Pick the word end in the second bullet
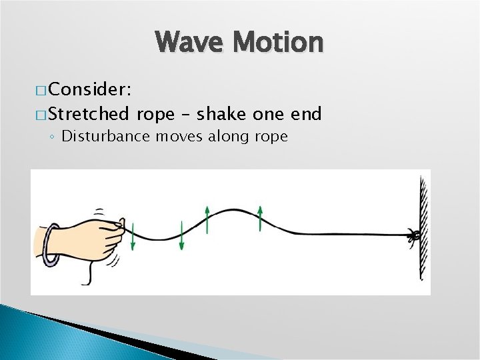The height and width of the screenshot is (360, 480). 306,114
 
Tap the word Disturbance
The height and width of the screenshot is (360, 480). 106,137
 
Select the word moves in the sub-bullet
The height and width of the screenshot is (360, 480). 177,137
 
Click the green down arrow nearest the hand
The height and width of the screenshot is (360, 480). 133,237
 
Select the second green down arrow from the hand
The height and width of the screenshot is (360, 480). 182,237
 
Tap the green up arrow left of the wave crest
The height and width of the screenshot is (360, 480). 207,219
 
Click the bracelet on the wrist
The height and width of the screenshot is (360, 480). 50,245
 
